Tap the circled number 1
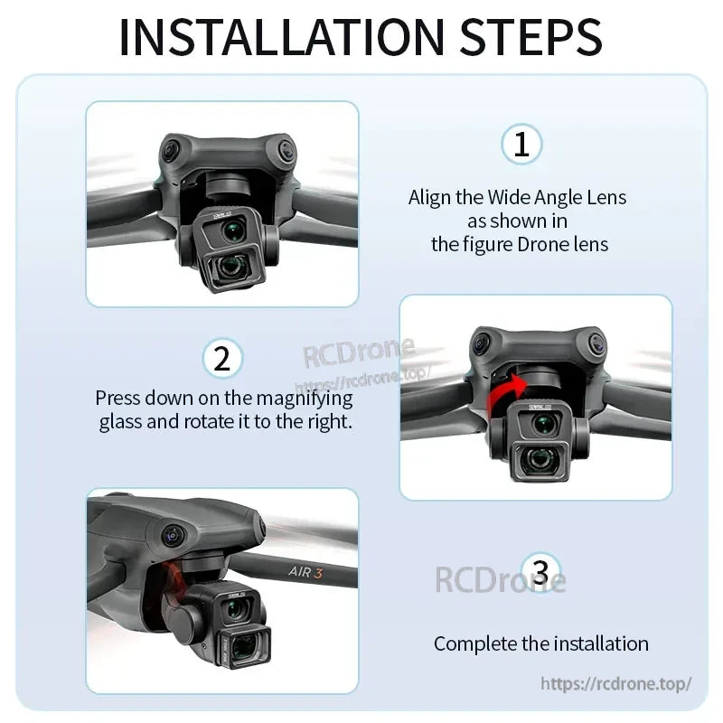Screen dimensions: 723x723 point(521,145)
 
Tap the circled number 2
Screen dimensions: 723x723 point(222,360)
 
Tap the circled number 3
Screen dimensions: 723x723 point(540,572)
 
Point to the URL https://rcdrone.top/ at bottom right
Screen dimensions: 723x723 point(616,683)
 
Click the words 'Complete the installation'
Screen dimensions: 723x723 point(540,643)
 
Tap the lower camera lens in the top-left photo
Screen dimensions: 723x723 point(233,266)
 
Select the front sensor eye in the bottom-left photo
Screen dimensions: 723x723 point(170,535)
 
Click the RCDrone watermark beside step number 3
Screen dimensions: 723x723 point(499,578)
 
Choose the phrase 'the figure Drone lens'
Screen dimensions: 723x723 point(520,244)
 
